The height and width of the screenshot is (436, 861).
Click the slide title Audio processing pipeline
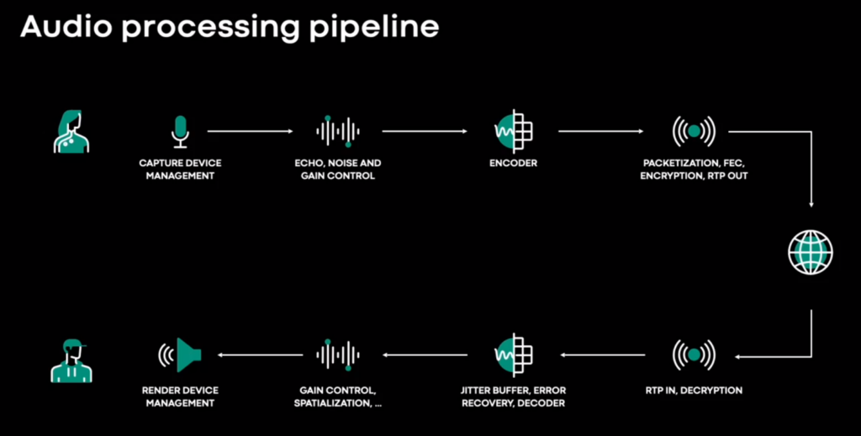(x=230, y=28)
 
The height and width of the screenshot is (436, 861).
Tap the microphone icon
(x=180, y=132)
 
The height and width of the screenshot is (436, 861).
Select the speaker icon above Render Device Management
(x=180, y=355)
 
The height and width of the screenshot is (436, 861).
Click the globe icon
(x=811, y=252)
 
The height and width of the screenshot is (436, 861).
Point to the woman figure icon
(x=71, y=131)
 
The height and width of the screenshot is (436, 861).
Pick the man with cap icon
(x=71, y=360)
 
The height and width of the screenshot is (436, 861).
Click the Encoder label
(x=514, y=163)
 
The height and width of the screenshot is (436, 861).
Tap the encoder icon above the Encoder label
(x=514, y=131)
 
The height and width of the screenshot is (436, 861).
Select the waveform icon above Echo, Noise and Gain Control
(x=338, y=131)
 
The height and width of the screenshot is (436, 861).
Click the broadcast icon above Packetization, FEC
(x=694, y=131)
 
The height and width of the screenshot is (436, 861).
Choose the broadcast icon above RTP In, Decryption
(x=694, y=355)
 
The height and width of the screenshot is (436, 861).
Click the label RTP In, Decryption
(x=694, y=391)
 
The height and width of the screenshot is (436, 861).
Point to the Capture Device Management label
(x=180, y=170)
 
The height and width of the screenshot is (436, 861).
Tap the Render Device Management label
(x=180, y=397)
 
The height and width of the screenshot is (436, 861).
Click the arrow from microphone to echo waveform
(x=251, y=131)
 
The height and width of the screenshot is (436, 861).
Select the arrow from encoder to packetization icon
(x=600, y=131)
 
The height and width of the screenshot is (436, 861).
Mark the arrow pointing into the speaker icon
(x=260, y=355)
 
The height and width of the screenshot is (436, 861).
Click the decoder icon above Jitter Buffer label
(x=514, y=355)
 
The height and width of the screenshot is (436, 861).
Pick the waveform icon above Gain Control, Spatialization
(x=338, y=355)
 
